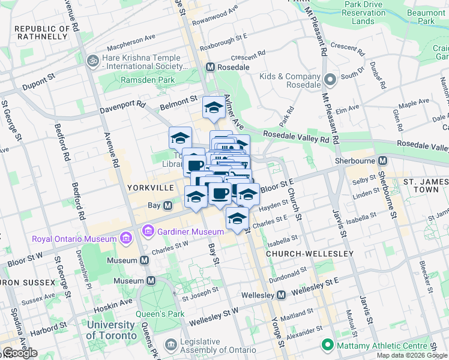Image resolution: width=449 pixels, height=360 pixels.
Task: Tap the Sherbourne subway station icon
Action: click(382, 161)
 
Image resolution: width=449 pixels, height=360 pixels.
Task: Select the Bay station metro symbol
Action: click(169, 205)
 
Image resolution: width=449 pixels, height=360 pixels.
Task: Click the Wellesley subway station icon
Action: click(281, 295)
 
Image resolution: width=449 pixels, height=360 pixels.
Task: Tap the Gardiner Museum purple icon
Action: click(148, 231)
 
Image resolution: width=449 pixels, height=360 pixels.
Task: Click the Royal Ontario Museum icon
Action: click(125, 239)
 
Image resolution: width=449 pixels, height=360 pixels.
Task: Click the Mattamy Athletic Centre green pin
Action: click(327, 345)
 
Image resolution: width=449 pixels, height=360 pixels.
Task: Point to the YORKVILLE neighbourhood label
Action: click(150, 188)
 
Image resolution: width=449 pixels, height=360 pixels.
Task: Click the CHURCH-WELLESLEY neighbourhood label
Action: click(310, 254)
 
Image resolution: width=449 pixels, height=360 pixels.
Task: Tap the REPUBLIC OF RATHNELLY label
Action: click(41, 32)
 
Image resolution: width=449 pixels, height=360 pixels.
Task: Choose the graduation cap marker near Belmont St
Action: click(213, 108)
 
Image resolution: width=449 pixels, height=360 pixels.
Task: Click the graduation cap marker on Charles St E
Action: click(237, 218)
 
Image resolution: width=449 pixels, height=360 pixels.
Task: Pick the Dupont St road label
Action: click(38, 83)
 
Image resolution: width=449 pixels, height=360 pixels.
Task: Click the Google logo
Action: click(19, 353)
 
